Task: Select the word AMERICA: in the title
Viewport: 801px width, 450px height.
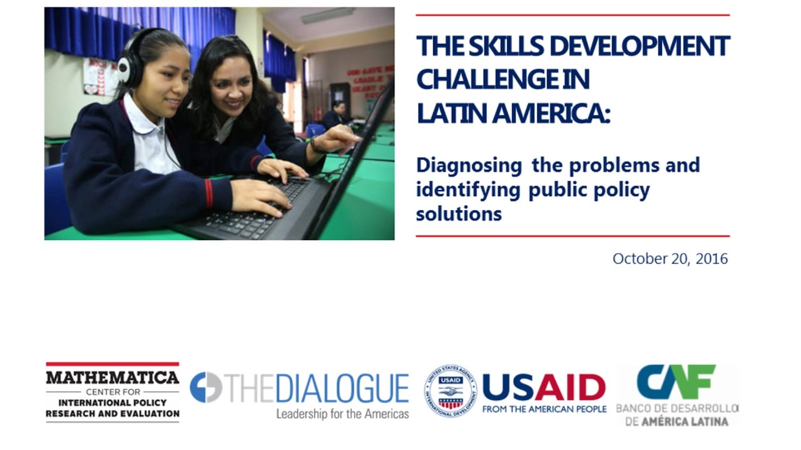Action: [x=551, y=113]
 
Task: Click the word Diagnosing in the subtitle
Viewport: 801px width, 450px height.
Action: [x=469, y=166]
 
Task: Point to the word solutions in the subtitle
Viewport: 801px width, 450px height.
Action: [x=459, y=214]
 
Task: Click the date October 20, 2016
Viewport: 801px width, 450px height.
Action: [x=670, y=259]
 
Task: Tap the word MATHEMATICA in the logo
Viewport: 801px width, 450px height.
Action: [x=113, y=377]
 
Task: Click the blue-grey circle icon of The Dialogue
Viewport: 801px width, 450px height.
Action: [x=206, y=387]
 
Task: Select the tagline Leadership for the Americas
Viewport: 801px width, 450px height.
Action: [x=342, y=414]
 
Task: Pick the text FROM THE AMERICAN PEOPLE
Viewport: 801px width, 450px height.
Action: [x=544, y=409]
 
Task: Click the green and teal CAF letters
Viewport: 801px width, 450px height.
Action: [x=676, y=382]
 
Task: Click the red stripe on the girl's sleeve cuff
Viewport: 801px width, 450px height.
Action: [x=209, y=194]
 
